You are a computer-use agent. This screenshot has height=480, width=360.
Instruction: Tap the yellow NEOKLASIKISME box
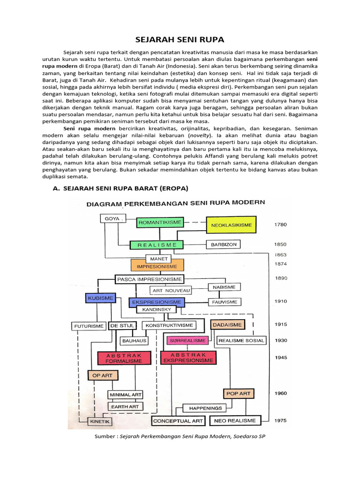point(232,225)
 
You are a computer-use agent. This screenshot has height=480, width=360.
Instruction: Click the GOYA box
point(113,218)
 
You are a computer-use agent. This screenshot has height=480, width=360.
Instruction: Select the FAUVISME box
point(224,301)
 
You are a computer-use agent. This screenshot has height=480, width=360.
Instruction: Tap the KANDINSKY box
point(156,309)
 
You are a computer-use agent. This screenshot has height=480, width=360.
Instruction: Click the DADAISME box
point(227,324)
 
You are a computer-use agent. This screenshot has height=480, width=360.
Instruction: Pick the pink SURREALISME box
point(187,340)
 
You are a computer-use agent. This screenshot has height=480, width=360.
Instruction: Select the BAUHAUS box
point(134,341)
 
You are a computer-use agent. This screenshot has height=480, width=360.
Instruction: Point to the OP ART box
point(103,375)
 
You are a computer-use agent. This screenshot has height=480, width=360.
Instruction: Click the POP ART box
point(238,393)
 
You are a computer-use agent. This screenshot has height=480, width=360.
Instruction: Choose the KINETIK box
point(101,422)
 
